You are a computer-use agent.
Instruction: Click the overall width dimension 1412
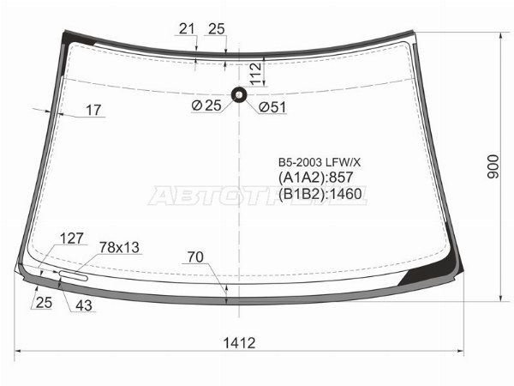[241, 343]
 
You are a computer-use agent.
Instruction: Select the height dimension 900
[493, 166]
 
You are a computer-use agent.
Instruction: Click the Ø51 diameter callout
[272, 106]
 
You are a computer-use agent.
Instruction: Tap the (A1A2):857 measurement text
[315, 178]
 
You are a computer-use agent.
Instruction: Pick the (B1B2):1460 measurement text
[320, 195]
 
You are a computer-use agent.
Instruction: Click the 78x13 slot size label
[118, 247]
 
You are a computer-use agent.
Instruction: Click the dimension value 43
[84, 304]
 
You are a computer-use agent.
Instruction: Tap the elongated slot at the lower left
[72, 275]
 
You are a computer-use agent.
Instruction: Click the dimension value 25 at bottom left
[44, 302]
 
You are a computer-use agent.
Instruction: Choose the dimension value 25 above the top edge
[216, 29]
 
